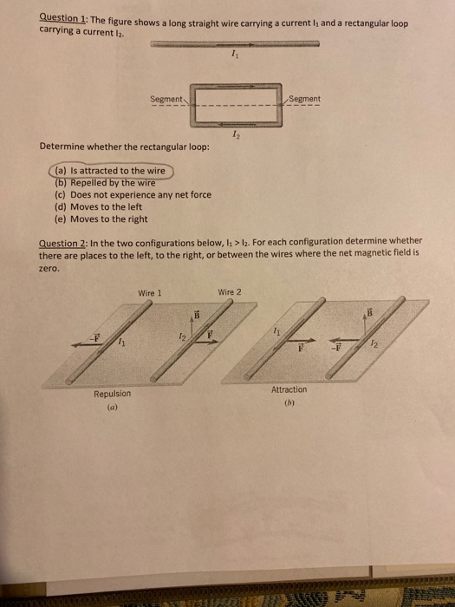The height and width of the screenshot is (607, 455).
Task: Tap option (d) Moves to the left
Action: (x=100, y=207)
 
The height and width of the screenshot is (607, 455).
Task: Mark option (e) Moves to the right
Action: (x=102, y=219)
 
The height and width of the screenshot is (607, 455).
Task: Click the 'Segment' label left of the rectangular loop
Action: (x=166, y=100)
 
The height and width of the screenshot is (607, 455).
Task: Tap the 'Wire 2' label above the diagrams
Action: (x=231, y=291)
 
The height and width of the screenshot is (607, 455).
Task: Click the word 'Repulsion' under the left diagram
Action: (x=113, y=395)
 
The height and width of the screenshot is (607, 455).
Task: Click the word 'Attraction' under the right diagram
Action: (x=289, y=389)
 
